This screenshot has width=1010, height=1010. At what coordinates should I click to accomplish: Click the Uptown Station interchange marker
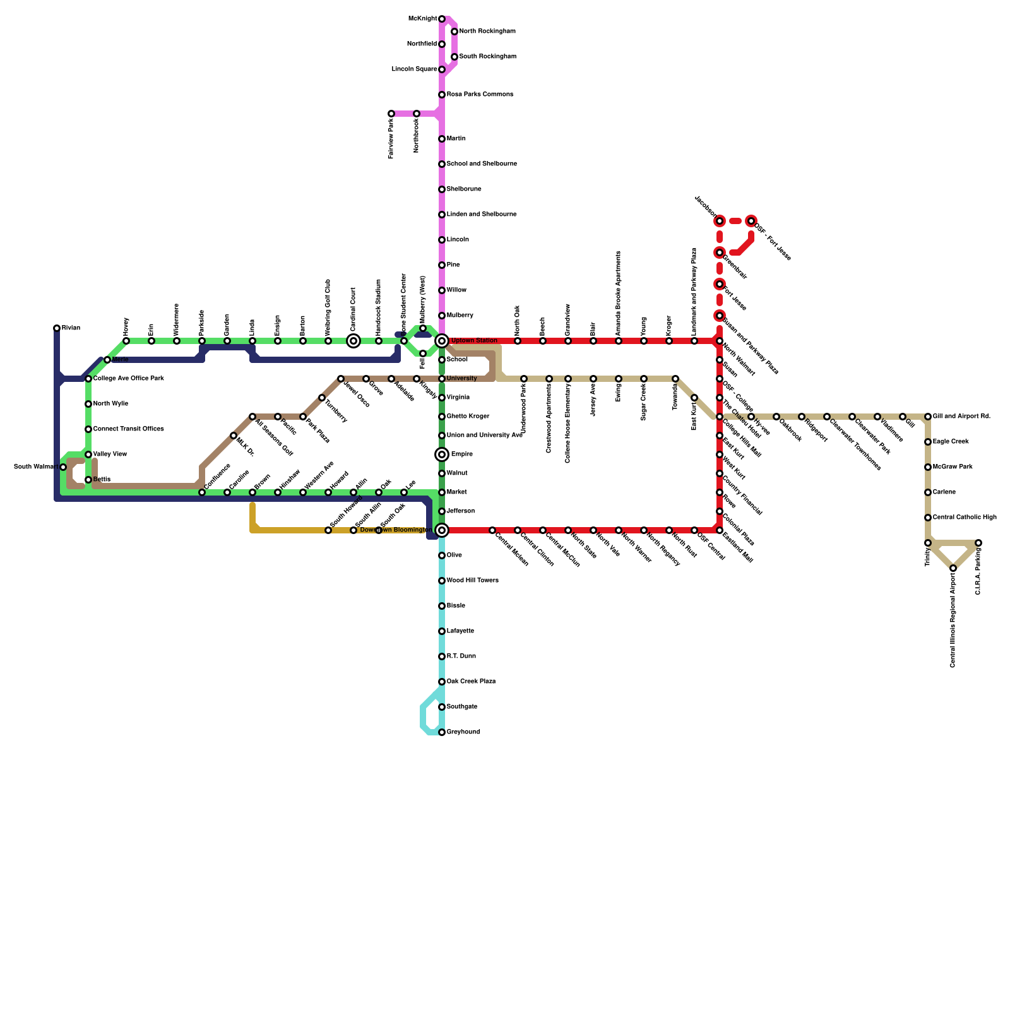coord(442,341)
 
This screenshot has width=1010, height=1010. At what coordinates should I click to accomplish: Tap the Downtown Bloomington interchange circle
coord(442,530)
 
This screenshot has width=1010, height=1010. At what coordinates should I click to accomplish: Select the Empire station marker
coord(442,454)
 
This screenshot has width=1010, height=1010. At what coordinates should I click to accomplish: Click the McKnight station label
coord(422,19)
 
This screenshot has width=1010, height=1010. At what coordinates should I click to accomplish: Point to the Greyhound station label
coord(463,732)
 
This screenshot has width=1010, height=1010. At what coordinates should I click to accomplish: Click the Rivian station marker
coord(57,328)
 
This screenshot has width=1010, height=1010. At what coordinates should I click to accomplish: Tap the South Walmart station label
coord(36,467)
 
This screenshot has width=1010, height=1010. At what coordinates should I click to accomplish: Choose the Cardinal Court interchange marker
coord(353,341)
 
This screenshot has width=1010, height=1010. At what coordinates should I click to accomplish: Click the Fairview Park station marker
coord(391,114)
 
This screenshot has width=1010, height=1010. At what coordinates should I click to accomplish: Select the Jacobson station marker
coord(720,221)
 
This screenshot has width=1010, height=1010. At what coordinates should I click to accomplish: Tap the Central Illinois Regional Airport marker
coord(953,568)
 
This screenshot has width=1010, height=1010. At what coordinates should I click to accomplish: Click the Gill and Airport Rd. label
coord(961,417)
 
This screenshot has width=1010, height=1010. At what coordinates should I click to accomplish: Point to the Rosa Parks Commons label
coord(480,95)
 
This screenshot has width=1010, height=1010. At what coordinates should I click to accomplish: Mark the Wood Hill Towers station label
coord(472,581)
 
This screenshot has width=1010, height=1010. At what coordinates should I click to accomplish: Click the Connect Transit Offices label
coord(128,429)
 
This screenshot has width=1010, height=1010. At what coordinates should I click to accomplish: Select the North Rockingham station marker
coord(454,32)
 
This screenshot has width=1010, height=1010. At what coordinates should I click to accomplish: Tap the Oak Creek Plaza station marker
coord(442,682)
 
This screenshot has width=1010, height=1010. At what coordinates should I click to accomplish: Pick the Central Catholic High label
coord(965,518)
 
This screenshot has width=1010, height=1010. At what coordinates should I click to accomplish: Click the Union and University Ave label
coord(484,436)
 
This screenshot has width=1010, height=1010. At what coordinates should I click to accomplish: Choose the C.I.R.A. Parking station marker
coord(978,543)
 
